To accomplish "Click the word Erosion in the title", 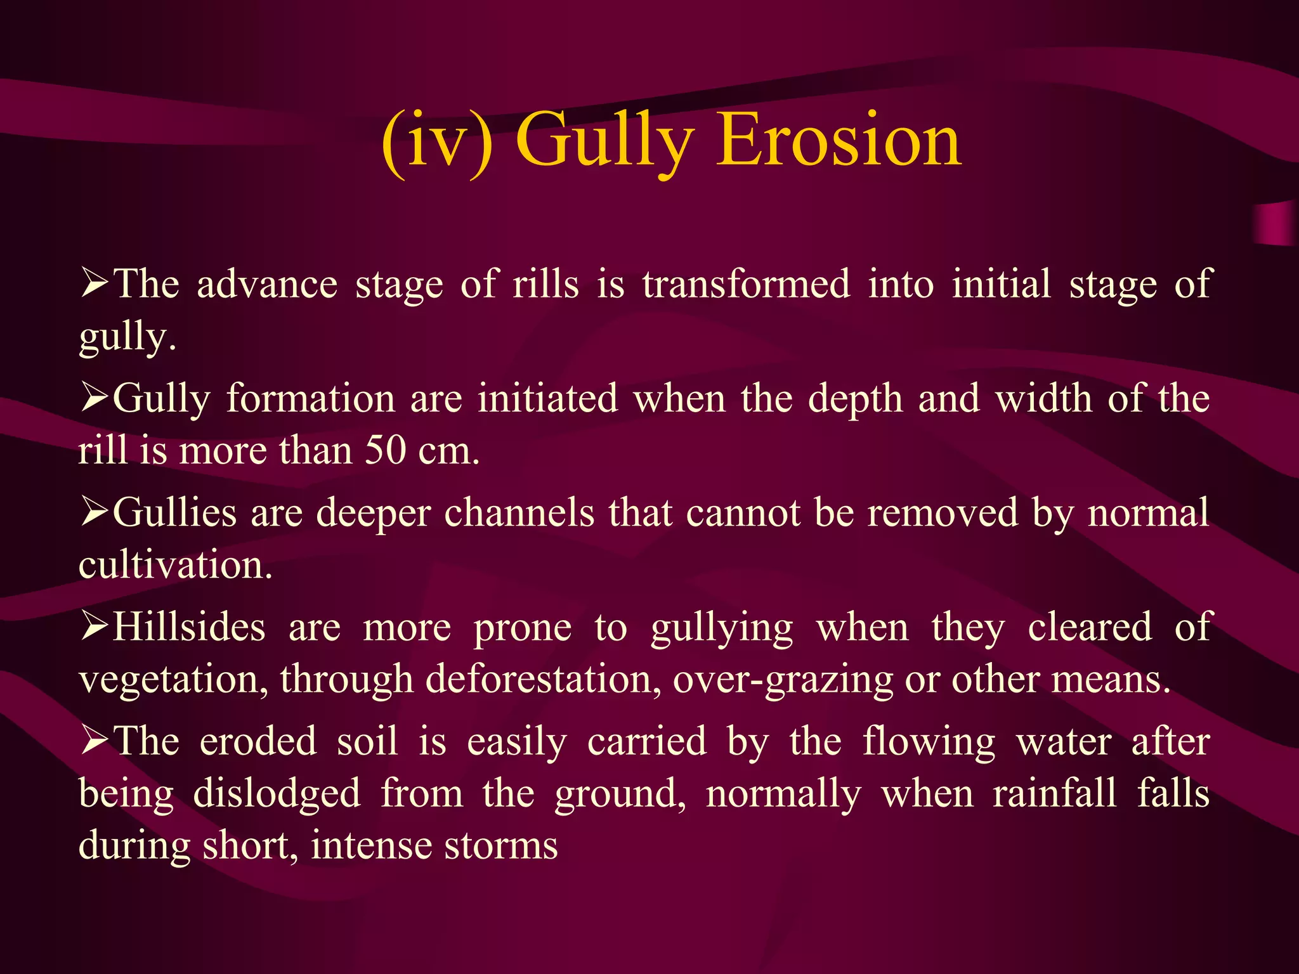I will pyautogui.click(x=839, y=141).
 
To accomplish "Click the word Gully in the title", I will pyautogui.click(x=604, y=141).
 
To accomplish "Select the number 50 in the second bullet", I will pyautogui.click(x=385, y=451).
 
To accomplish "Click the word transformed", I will pyautogui.click(x=746, y=283).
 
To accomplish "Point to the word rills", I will pyautogui.click(x=545, y=283).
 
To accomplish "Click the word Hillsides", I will pyautogui.click(x=189, y=627).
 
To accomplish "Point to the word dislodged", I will pyautogui.click(x=277, y=794).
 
